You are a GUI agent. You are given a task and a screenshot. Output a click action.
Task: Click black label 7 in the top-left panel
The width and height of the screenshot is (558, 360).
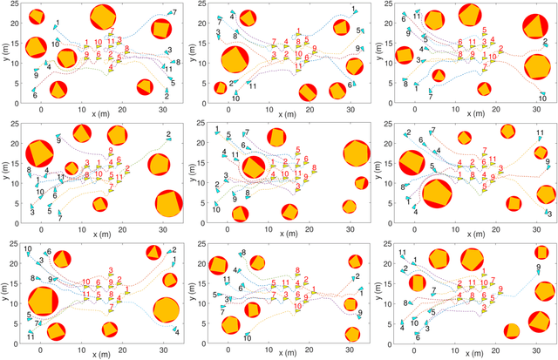174,12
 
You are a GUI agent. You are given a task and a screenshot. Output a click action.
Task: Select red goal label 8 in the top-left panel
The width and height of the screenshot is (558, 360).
128,49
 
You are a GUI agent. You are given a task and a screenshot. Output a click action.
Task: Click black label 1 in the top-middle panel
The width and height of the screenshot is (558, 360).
353,10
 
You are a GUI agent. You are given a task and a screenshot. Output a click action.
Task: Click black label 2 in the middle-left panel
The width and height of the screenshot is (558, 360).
168,134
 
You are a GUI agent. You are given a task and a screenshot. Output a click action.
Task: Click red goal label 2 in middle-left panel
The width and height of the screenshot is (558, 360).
128,168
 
